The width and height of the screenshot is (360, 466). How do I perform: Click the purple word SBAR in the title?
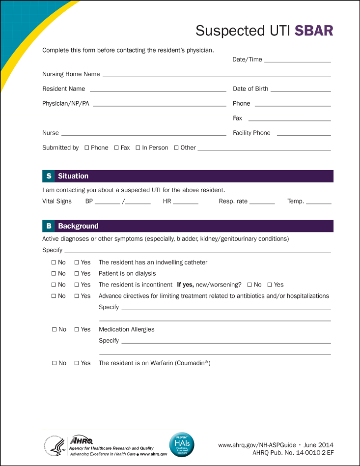(314, 30)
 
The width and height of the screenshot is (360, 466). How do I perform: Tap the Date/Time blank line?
(297, 61)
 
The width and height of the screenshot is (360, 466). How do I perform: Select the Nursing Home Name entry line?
(216, 76)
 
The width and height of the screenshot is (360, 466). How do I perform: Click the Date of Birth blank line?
(301, 91)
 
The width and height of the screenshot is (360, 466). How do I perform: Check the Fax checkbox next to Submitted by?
(116, 148)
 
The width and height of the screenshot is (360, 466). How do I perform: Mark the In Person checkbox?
(138, 148)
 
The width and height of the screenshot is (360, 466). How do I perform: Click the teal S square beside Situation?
(49, 176)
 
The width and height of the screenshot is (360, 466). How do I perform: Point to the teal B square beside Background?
(49, 226)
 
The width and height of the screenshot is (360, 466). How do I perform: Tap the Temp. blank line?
(319, 203)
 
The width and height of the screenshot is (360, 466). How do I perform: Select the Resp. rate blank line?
(262, 203)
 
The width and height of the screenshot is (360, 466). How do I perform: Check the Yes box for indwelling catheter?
(77, 262)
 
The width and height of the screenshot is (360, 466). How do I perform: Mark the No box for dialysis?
(54, 274)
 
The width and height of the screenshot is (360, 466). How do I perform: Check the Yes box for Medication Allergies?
(77, 330)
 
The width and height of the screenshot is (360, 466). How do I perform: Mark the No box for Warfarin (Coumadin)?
(54, 363)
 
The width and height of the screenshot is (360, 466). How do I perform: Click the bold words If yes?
(186, 285)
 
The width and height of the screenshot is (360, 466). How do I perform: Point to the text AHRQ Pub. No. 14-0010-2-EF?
(293, 452)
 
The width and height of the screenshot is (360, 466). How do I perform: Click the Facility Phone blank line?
(304, 135)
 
